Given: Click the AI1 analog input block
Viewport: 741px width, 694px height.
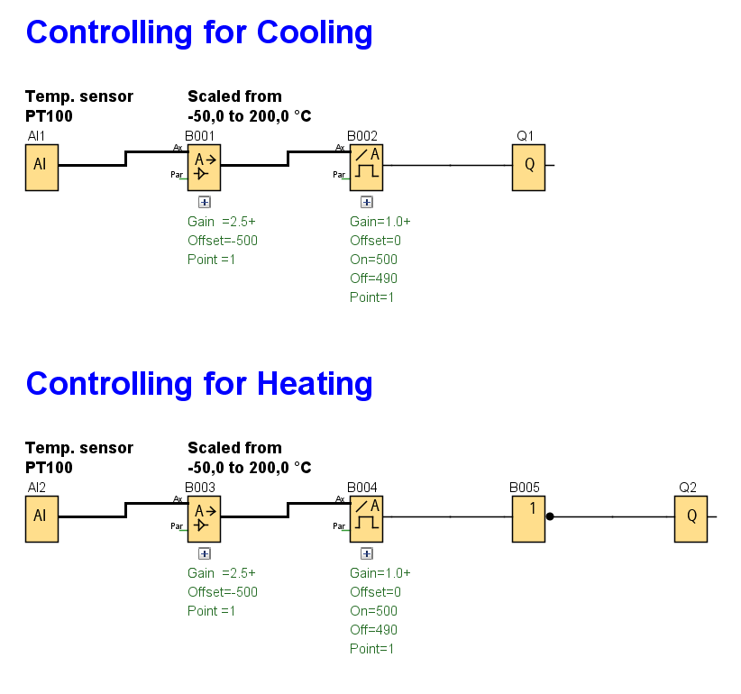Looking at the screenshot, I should [41, 166].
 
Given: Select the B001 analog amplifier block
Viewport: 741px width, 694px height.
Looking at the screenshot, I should [204, 166].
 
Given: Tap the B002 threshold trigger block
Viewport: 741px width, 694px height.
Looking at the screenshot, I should [366, 166].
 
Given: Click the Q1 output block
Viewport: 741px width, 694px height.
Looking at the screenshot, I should [528, 166].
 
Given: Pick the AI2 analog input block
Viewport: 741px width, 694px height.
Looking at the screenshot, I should [41, 517].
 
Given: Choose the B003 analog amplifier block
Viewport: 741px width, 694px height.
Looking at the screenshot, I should [204, 517].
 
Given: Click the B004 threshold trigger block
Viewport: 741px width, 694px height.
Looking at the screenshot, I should [366, 517].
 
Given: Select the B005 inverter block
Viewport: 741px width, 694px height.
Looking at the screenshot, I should [528, 517].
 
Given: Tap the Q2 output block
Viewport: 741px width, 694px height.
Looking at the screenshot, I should [691, 517].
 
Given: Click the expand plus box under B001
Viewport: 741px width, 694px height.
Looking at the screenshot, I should [205, 203].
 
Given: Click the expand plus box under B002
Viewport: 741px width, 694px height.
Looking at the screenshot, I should [367, 203].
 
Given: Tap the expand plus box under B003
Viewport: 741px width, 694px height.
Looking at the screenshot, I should [205, 554].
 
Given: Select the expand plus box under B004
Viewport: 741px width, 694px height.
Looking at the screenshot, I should [367, 554].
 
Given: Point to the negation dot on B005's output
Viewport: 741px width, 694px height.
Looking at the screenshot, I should [549, 517].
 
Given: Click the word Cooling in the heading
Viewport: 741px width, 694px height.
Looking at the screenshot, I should [315, 33].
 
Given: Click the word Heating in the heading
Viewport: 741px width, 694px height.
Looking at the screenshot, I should [315, 385].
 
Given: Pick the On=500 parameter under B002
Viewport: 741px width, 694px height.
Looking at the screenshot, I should [373, 260].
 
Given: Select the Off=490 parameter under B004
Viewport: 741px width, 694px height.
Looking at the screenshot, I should [373, 630].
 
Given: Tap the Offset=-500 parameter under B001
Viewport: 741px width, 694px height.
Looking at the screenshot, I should [223, 241].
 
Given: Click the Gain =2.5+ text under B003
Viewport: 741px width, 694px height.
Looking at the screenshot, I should [222, 573].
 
